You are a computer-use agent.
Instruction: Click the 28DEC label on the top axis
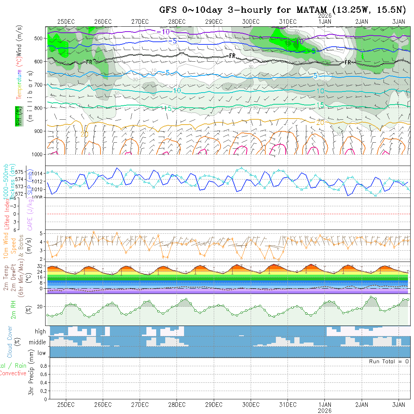tap(177, 22)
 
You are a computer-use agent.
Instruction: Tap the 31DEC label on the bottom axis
tap(288, 405)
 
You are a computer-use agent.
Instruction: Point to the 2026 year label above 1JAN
tap(325, 16)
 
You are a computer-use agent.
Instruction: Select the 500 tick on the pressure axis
tap(39, 38)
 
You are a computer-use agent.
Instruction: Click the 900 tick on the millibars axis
tap(39, 131)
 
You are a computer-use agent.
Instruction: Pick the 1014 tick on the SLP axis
tap(38, 174)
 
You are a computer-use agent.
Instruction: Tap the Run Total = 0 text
tap(389, 361)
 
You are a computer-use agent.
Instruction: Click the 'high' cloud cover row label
tap(40, 332)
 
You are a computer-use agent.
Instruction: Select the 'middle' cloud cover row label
tap(38, 342)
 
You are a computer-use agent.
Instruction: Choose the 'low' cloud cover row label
tap(41, 353)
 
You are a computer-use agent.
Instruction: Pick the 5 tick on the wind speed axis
tap(43, 233)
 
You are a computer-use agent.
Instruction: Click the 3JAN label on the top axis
tap(399, 22)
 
